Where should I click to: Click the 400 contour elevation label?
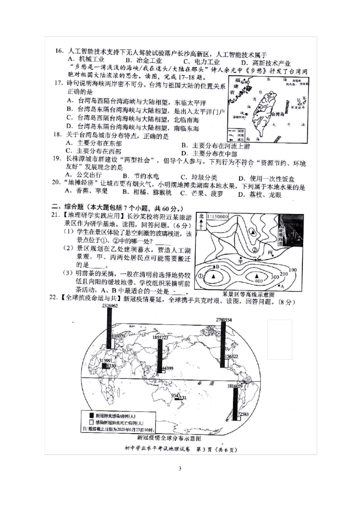pos(258,281)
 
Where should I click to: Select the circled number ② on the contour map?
pos(255,250)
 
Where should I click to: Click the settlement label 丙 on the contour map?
pos(270,252)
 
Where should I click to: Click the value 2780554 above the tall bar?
pos(224,320)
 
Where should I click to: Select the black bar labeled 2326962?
pos(109,328)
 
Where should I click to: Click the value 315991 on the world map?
pos(105,361)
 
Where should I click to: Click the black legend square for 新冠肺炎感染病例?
pos(91,416)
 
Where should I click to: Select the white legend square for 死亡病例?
pos(91,423)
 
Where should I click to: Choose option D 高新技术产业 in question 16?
pos(266,63)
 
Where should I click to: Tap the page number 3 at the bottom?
pos(180,469)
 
